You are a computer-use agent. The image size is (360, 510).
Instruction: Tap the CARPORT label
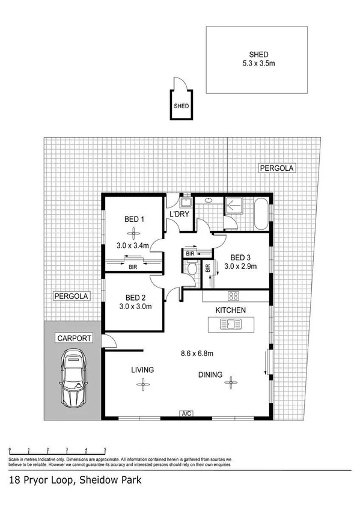75,339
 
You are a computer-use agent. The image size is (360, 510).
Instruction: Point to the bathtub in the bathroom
262,214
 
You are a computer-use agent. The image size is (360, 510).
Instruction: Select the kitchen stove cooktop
234,295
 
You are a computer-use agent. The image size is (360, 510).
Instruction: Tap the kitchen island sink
231,325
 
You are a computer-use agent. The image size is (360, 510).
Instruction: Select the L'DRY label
179,215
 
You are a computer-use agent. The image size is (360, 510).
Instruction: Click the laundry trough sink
186,203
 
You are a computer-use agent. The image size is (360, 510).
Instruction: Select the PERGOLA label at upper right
276,168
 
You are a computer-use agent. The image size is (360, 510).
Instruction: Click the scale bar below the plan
58,449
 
